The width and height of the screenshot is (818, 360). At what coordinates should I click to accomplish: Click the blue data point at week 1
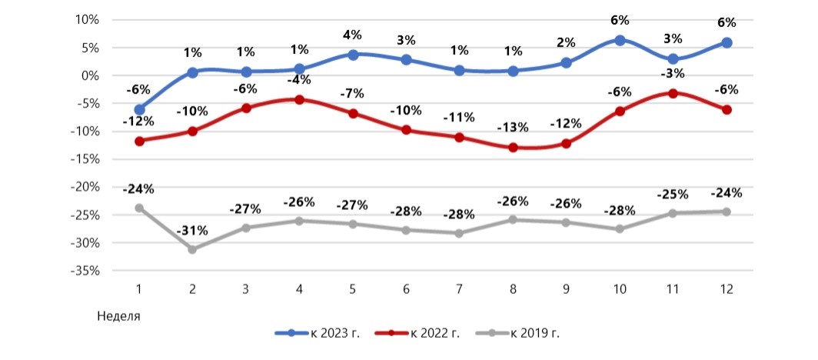click(x=139, y=110)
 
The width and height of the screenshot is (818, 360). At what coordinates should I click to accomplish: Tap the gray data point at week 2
click(x=192, y=249)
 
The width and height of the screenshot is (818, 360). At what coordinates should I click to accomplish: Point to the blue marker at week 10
click(x=620, y=40)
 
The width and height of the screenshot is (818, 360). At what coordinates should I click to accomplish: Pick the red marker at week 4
click(x=299, y=99)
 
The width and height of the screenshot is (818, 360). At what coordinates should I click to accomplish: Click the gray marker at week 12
click(x=726, y=212)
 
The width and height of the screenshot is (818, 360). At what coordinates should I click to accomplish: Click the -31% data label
click(x=192, y=232)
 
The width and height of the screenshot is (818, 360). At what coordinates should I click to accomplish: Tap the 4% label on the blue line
click(x=353, y=35)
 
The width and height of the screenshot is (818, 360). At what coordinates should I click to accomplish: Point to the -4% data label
click(x=299, y=80)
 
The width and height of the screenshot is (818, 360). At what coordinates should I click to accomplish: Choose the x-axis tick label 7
click(x=459, y=289)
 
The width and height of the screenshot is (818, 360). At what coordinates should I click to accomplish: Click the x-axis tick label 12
click(x=726, y=289)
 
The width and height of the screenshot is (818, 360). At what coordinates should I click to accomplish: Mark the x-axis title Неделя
click(x=119, y=315)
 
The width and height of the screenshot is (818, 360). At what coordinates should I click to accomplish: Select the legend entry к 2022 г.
click(x=420, y=333)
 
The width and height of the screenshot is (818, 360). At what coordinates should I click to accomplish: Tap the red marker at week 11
click(x=673, y=93)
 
